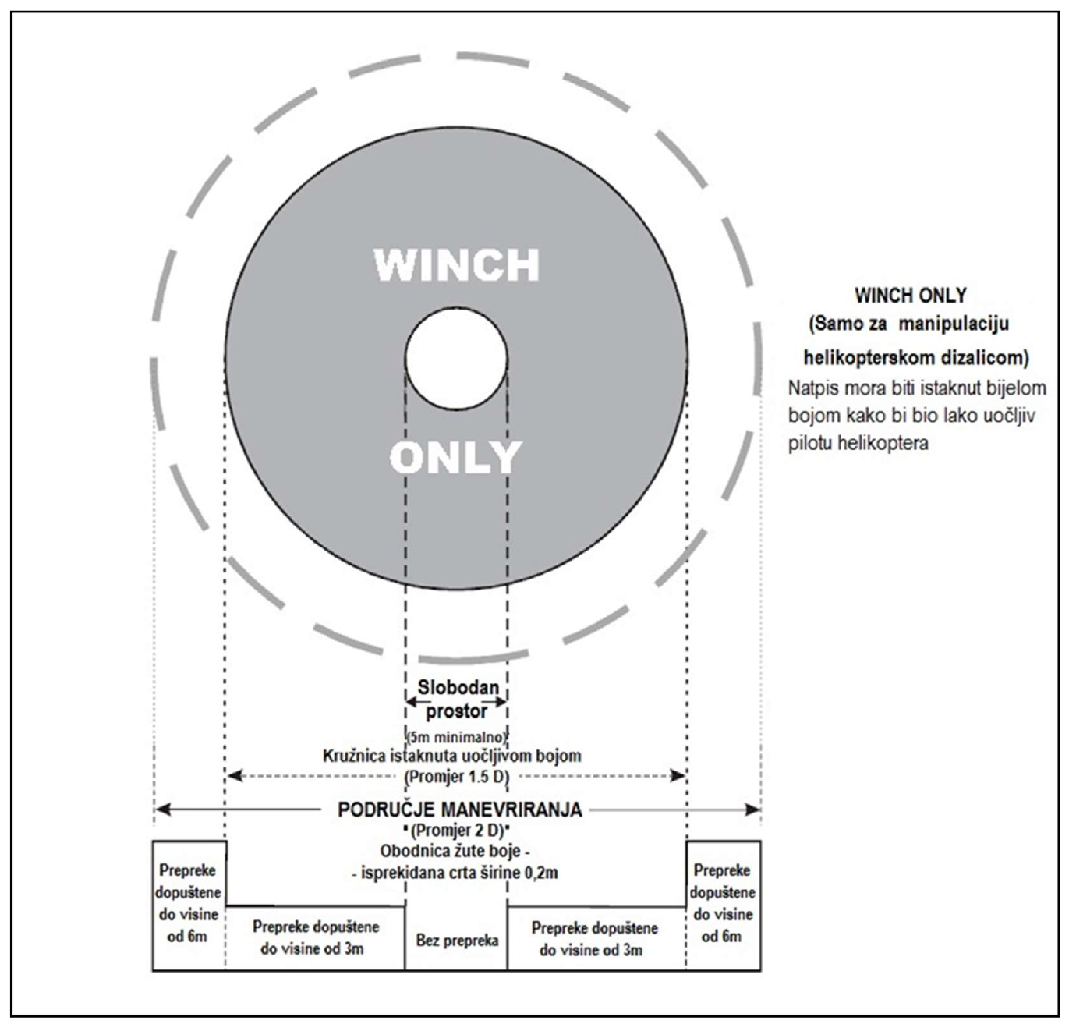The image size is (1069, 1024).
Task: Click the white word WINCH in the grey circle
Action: coord(456,265)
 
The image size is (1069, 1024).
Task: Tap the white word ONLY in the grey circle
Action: coord(455,457)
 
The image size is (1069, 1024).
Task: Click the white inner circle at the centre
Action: coord(456,359)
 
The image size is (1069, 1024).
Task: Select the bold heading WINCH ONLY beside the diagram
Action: coord(910,296)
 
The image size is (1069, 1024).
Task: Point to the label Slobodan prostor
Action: coord(457,699)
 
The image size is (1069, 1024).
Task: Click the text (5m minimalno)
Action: coord(457,736)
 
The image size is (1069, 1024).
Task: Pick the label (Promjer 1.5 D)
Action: coord(457,777)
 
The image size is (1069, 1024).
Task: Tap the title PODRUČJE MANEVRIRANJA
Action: coord(460,810)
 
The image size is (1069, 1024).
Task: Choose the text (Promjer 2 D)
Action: coord(457,830)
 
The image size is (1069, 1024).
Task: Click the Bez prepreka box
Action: coord(456,941)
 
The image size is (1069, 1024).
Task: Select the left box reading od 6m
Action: coord(189,906)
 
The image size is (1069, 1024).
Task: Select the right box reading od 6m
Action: coord(723,906)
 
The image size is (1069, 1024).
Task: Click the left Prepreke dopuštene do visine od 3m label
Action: coord(315,938)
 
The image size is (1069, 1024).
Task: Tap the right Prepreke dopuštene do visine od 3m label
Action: coord(594,940)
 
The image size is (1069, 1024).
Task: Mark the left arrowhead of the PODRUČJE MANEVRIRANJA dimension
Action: coord(163,810)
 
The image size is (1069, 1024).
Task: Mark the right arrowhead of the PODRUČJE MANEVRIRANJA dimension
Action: coord(753,810)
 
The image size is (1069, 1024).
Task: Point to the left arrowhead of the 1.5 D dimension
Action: coord(235,776)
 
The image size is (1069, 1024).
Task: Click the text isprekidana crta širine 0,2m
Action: coord(459,873)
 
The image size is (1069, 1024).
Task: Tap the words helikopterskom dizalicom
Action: coord(916,358)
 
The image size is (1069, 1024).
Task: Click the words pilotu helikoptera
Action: coord(858,443)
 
